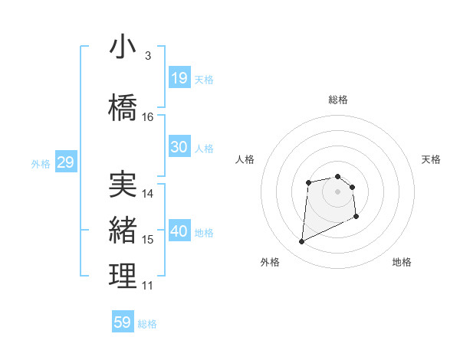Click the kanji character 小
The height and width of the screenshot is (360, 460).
point(123,47)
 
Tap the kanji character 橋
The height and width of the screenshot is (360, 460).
point(123,106)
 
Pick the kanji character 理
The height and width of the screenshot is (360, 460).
point(123,277)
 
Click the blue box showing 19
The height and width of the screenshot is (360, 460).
point(179,78)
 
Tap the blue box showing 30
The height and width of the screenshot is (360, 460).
point(179,147)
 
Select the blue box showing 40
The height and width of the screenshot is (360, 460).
point(179,231)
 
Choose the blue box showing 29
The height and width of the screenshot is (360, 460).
point(65,162)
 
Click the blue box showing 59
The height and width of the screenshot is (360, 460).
point(123,322)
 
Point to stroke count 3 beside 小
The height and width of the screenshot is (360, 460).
point(147,56)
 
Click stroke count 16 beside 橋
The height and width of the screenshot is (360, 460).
point(148,117)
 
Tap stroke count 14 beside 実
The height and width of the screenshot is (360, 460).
point(148,194)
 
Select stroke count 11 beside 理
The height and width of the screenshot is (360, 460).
point(148,286)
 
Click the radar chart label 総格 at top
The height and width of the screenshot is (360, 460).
point(338,100)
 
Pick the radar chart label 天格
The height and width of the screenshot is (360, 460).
point(432,159)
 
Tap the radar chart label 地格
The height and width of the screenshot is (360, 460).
point(402,262)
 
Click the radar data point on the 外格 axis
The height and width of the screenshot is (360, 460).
point(301,242)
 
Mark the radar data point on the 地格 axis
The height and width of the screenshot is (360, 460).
point(356,217)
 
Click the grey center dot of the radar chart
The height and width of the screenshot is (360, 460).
point(338,191)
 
